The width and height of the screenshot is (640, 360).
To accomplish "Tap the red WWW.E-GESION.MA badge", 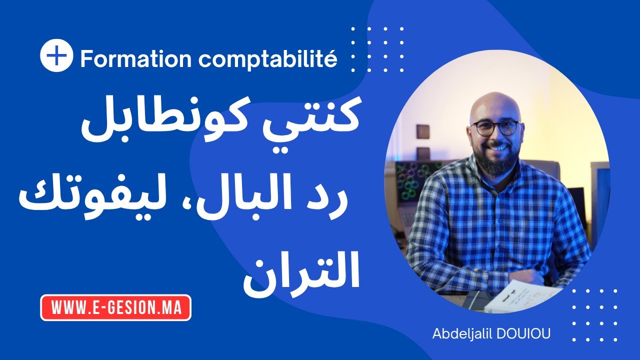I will coord(115,307).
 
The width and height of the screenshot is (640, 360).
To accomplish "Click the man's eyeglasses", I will coord(495,127).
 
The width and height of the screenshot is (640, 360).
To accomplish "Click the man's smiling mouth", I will coord(498,148).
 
